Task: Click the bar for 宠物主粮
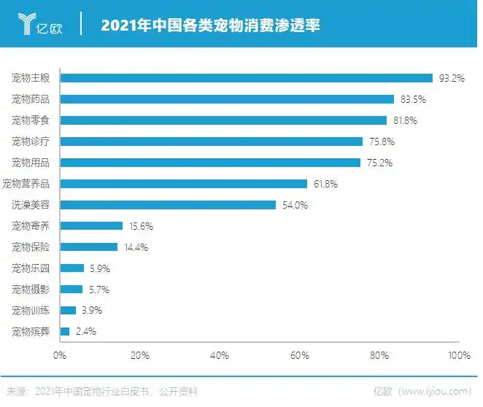(247, 77)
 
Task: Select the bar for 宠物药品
(227, 98)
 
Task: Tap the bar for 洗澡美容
(168, 205)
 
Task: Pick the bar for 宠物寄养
(91, 226)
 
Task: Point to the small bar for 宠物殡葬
(65, 331)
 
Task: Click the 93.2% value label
(452, 78)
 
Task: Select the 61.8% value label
(325, 184)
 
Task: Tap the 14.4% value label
(136, 247)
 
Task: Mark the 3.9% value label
(91, 310)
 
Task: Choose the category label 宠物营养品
(30, 184)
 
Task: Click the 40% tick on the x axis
(220, 355)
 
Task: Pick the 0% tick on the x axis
(60, 355)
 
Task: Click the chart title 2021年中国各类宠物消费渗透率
(210, 26)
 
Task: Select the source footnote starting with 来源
(102, 391)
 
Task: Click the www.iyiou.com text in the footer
(438, 391)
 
